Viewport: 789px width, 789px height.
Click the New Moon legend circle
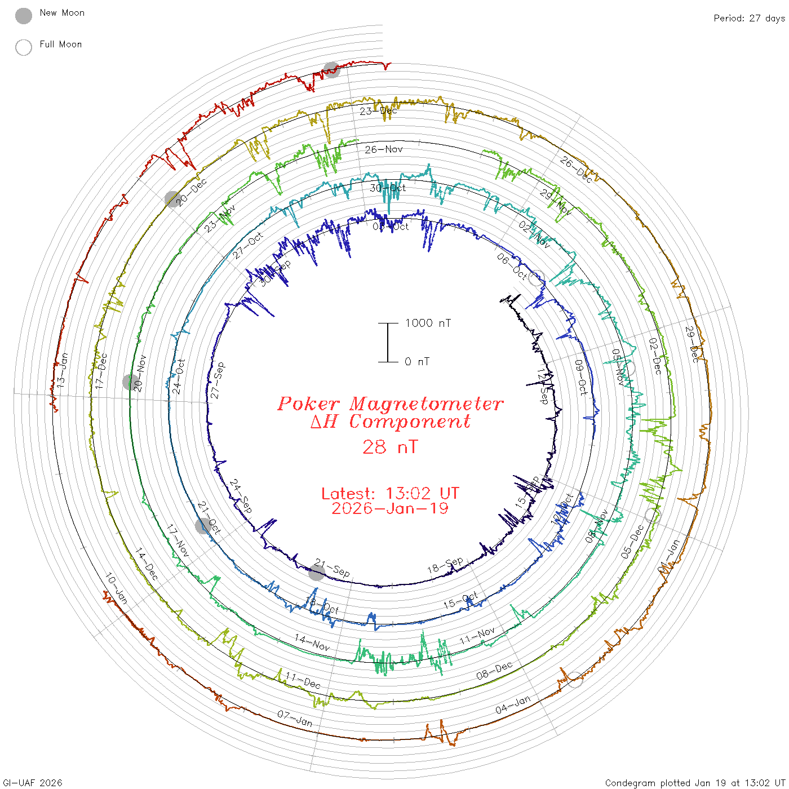pos(24,16)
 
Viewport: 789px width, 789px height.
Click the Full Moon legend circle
pos(24,47)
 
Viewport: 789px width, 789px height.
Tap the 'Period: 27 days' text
pos(749,18)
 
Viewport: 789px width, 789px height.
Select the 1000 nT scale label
pos(428,323)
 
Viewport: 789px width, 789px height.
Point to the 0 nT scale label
pos(417,361)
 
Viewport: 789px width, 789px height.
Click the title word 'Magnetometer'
pos(425,404)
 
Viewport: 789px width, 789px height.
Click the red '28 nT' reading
pos(390,447)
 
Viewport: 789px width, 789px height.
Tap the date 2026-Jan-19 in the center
pos(390,508)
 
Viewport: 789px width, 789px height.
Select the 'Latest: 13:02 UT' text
pos(390,493)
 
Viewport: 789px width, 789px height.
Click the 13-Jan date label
pos(63,369)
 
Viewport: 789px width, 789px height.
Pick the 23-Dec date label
pos(378,110)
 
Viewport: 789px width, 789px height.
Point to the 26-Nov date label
pos(384,149)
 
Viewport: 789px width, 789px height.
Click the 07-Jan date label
pos(295,718)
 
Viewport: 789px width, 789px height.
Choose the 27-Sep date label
pos(218,380)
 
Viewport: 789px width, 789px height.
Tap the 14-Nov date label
pos(312,642)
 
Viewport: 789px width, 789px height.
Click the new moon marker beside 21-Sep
pos(317,573)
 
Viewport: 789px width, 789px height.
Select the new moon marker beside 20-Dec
pos(173,199)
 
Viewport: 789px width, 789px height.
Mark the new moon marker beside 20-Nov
pos(130,382)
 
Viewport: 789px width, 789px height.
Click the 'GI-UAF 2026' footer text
pos(33,783)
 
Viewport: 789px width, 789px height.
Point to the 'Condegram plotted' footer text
pos(648,783)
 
